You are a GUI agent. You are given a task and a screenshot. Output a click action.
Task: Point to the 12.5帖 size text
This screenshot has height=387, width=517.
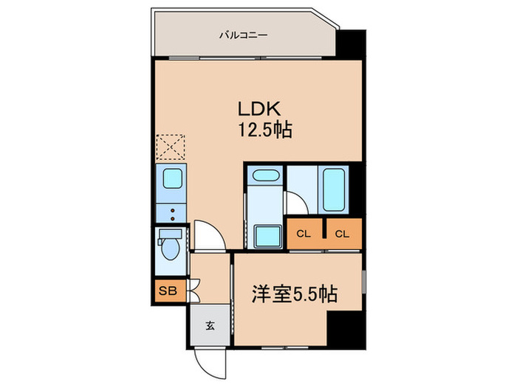(x=264, y=131)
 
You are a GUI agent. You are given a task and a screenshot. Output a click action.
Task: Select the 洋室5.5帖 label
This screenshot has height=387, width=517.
(x=298, y=294)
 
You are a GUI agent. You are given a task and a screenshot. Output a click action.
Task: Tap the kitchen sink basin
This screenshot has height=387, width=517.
(x=172, y=178)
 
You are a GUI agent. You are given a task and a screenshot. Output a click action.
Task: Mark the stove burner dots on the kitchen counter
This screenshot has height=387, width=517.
(x=171, y=213)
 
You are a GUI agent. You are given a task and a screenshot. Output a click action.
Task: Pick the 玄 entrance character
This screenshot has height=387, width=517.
(x=210, y=325)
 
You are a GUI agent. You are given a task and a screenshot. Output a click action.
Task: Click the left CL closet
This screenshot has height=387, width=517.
(x=304, y=234)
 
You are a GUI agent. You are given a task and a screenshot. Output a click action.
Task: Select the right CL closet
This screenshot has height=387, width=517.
(x=341, y=234)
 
